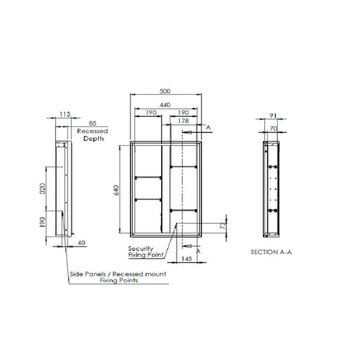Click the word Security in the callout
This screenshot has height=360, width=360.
click(139, 249)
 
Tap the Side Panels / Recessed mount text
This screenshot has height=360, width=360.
click(118, 275)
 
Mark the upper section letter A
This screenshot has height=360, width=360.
click(208, 127)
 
